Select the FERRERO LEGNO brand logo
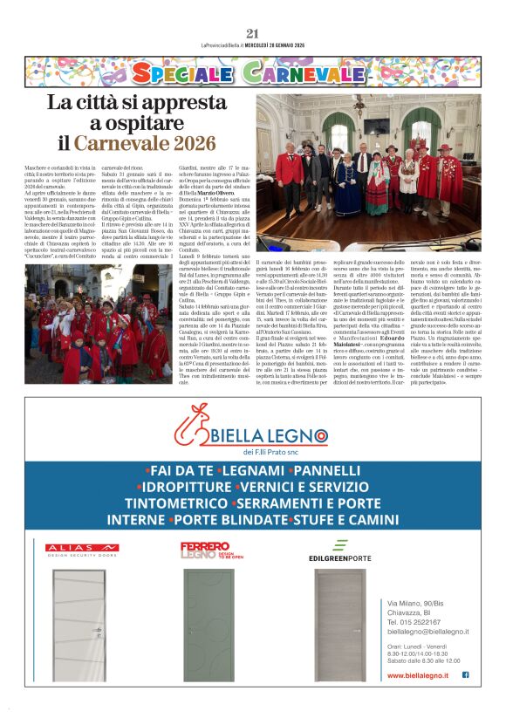click(205, 550)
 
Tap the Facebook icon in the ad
click(465, 674)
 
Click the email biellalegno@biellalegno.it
click(427, 631)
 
